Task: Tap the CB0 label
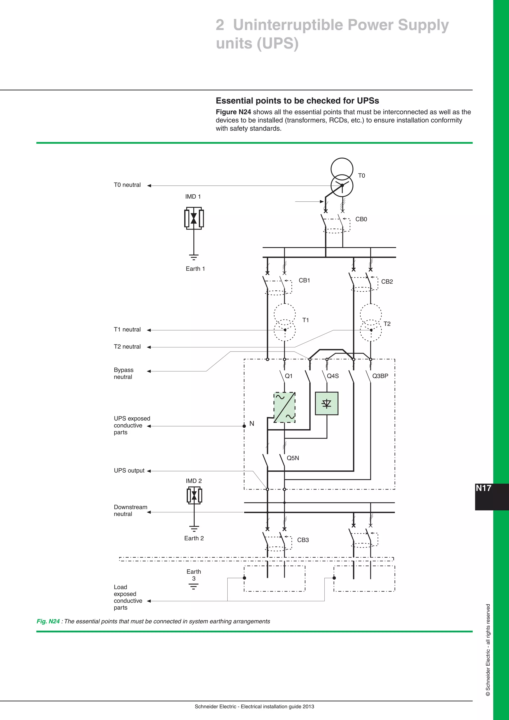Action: (361, 219)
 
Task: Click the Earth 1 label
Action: (195, 269)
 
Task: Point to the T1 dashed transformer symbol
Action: (285, 322)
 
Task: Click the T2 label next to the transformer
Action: (387, 324)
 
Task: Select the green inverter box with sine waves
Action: (285, 407)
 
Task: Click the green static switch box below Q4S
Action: (327, 403)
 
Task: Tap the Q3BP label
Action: (380, 376)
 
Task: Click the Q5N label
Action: (293, 458)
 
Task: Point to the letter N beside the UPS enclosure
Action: (252, 424)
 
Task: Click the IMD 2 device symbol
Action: (194, 496)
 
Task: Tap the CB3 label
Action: (303, 540)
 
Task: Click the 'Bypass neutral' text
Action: (124, 373)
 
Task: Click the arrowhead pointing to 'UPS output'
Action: (149, 471)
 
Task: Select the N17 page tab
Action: (484, 488)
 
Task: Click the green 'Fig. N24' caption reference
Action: (48, 622)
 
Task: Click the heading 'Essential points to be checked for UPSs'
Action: (297, 101)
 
